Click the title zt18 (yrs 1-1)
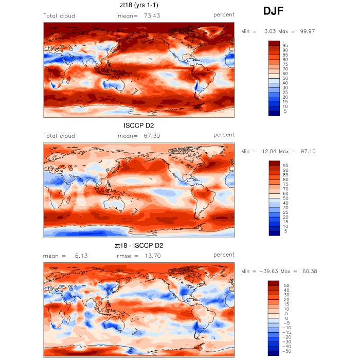[138, 6]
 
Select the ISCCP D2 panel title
[138, 125]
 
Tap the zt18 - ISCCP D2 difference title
[138, 245]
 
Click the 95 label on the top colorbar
[285, 45]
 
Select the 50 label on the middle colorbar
[285, 198]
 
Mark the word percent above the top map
[224, 15]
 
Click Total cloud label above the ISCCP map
[59, 136]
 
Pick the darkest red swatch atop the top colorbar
[274, 43]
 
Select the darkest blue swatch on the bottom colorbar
[274, 353]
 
